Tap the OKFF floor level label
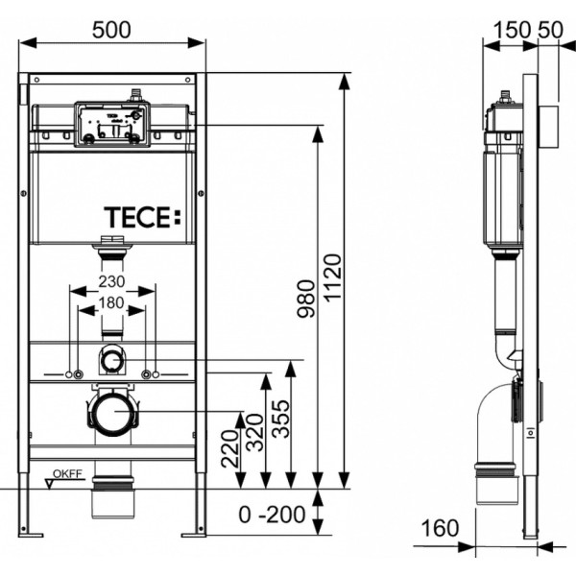[64, 471]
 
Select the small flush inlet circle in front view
[112, 362]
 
